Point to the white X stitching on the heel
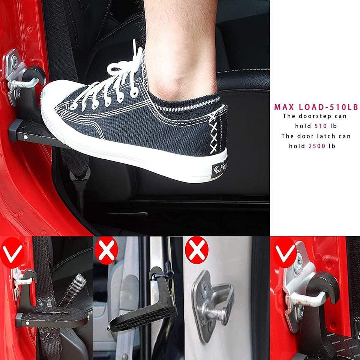coord(214,133)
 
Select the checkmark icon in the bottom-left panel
coord(12,252)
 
